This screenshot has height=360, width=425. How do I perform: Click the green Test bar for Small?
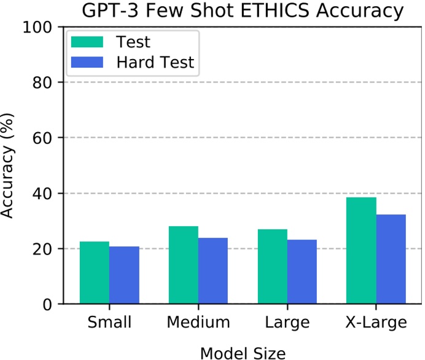tap(95, 273)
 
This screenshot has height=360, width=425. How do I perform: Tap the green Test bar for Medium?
tap(184, 265)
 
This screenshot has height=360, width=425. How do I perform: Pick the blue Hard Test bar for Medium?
tap(213, 271)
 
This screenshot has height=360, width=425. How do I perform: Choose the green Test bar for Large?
tap(273, 267)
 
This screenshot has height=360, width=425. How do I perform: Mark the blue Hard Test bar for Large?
tap(302, 272)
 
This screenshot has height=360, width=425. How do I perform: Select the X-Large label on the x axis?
tap(376, 323)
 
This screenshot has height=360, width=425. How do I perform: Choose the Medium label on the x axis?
tap(198, 323)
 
